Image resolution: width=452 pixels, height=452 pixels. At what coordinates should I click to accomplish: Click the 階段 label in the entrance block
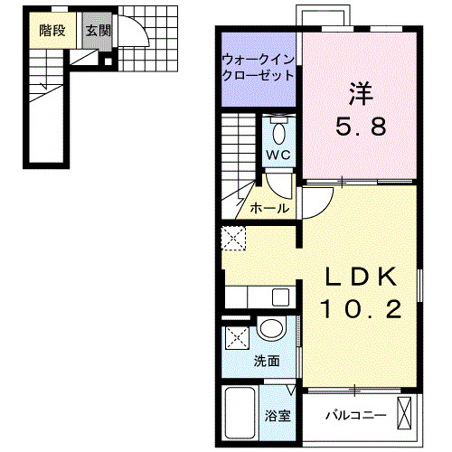click(52, 29)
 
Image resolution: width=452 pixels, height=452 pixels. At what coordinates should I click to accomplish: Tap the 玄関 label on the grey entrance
click(97, 29)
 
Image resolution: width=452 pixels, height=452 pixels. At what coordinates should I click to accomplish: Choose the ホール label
click(269, 208)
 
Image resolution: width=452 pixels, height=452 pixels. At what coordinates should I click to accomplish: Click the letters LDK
click(360, 276)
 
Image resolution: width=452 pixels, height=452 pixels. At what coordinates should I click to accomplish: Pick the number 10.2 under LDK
click(360, 309)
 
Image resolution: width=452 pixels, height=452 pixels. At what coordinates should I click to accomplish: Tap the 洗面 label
click(267, 360)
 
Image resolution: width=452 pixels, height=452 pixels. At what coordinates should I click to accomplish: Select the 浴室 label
click(278, 417)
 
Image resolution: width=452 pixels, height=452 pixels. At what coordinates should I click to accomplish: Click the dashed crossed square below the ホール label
click(233, 238)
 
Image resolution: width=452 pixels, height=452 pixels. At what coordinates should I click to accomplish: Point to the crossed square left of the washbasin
click(238, 340)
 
